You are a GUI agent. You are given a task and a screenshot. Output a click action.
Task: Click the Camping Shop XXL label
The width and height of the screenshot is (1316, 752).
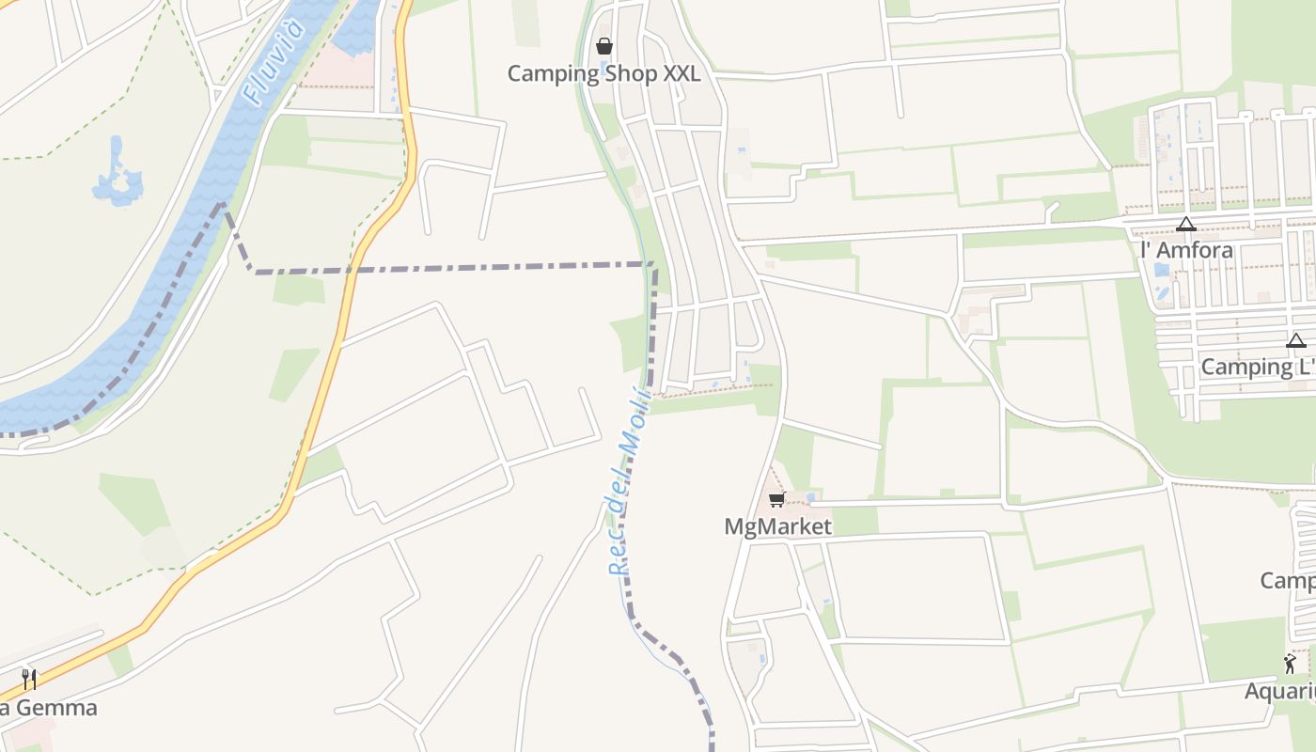coord(603,73)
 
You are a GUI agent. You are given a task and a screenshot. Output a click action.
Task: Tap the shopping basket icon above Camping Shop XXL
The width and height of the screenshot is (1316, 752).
coord(604,45)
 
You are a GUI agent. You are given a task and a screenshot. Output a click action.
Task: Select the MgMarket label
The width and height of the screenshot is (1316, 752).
coord(777,526)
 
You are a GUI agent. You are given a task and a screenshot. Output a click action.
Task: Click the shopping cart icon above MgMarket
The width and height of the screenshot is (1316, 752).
coord(776,499)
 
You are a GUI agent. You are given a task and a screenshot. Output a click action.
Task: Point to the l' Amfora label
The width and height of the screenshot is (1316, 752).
coord(1185,250)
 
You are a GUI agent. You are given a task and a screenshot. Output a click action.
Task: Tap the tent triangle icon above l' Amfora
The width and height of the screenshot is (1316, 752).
coord(1185,224)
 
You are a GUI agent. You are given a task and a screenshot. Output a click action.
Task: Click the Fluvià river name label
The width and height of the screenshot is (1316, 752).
coord(274,61)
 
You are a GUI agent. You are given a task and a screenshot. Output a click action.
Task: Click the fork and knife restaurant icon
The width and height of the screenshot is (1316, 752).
coord(29,679)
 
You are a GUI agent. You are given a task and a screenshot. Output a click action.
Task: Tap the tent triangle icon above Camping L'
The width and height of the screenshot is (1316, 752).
coord(1296,340)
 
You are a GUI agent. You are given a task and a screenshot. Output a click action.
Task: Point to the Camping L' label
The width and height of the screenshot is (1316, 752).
coord(1258,367)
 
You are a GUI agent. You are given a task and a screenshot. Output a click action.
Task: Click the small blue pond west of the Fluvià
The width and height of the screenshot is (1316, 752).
coord(117,177)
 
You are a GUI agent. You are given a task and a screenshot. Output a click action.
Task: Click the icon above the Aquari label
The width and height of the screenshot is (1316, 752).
coord(1290,665)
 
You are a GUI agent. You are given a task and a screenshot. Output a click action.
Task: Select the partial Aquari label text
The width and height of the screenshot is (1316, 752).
coord(1279,692)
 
